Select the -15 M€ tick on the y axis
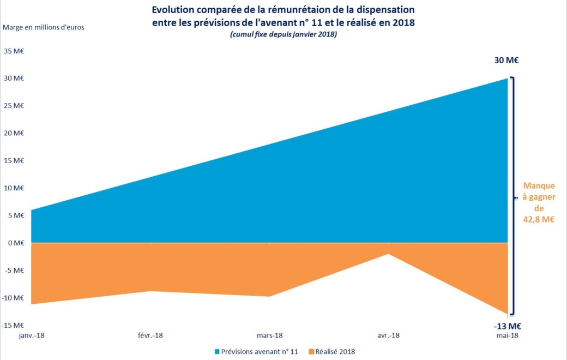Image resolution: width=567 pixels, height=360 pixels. coord(13,325)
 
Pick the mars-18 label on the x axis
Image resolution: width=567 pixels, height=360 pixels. coord(269,335)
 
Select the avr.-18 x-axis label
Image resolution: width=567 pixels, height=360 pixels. coord(388,335)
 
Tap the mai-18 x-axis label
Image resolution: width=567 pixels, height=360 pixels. coord(506,335)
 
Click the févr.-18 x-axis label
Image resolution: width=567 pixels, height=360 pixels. coord(150,335)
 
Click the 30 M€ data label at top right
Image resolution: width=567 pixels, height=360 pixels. coord(506,61)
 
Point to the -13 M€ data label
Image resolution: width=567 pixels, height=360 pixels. coord(507,326)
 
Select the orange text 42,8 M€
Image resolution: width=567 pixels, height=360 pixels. coord(539,220)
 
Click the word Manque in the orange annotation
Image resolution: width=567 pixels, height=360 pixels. coord(539,185)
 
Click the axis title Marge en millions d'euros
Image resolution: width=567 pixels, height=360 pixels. coord(44,27)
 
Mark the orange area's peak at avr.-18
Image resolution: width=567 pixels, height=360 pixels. coord(389,254)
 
